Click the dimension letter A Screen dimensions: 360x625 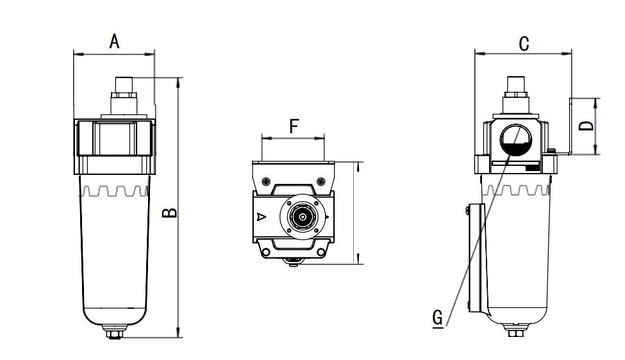tap(114, 42)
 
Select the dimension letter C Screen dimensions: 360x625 tap(524, 44)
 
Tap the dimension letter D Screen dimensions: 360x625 tap(586, 126)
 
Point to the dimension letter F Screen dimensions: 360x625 tap(294, 126)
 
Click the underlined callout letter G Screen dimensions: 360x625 tap(438, 318)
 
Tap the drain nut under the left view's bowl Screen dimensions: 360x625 tap(114, 333)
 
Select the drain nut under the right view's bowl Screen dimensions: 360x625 tap(514, 332)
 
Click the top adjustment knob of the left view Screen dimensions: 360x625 tap(123, 85)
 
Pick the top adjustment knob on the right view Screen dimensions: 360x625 tap(516, 85)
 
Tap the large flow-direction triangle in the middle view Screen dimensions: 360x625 tap(260, 217)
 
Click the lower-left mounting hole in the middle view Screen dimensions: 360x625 tap(265, 254)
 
